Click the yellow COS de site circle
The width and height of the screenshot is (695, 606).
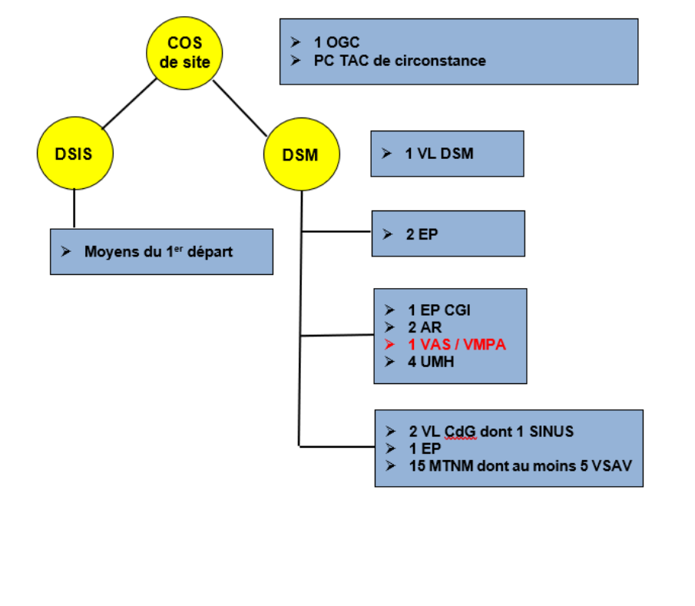[x=184, y=51]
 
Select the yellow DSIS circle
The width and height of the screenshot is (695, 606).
[x=74, y=154]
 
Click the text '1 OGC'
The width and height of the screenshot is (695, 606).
[x=336, y=43]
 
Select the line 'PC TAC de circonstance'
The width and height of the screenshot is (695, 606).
[x=399, y=61]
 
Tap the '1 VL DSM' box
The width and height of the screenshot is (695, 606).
[x=447, y=154]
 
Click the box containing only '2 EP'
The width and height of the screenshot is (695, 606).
[x=448, y=233]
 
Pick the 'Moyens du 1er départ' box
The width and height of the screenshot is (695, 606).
[x=161, y=251]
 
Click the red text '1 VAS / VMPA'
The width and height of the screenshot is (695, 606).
[x=457, y=345]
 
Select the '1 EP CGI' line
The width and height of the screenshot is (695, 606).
[x=439, y=310]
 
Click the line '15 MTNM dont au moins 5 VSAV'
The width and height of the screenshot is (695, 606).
[x=523, y=465]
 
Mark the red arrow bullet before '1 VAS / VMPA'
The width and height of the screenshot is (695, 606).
[x=390, y=345]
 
